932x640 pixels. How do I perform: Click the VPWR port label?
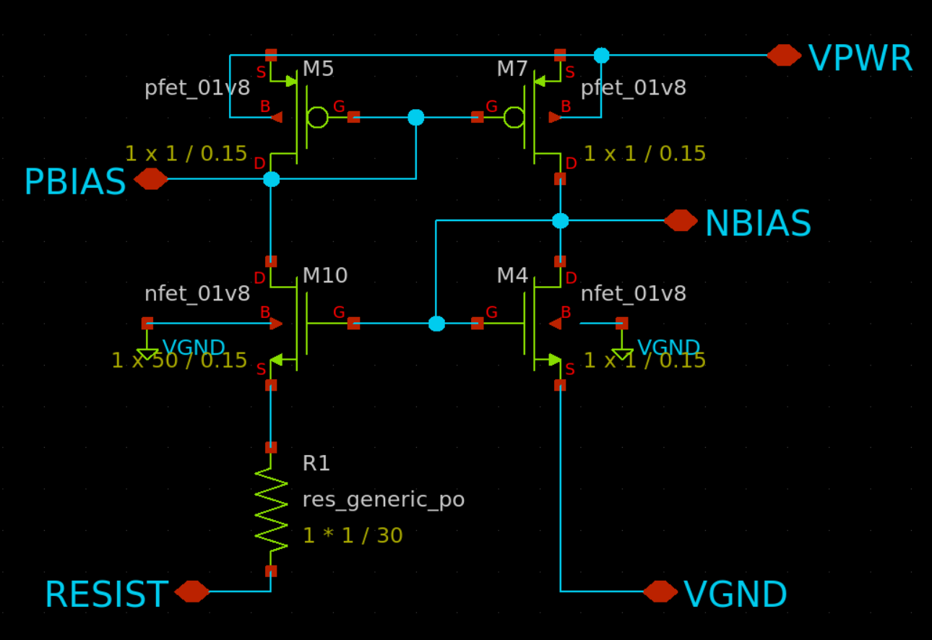coord(860,59)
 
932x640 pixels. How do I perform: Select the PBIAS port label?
coord(75,182)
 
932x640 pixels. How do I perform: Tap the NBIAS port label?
coord(757,224)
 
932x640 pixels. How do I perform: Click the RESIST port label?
coord(106,595)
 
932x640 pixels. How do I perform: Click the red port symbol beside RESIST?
coord(192,592)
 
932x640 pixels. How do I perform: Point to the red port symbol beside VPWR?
coord(784,55)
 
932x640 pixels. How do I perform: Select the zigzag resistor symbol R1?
coord(271,509)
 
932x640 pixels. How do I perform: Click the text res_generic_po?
coord(383,499)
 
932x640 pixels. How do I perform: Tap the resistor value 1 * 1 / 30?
coord(353,536)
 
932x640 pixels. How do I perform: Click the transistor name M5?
coord(318,69)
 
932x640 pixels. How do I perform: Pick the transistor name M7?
coord(512,69)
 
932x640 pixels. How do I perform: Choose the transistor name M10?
coord(325,276)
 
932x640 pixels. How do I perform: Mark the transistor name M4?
coord(512,276)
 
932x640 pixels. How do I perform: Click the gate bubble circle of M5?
coord(317,117)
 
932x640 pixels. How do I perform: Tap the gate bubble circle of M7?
coord(514,117)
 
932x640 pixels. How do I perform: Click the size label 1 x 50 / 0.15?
coord(179,360)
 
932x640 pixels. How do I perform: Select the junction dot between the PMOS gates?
coord(416,117)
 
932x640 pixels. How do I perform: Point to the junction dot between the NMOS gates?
coord(436,324)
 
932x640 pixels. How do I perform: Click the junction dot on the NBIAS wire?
coord(561,220)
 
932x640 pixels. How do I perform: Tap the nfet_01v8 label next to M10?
coord(197,293)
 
